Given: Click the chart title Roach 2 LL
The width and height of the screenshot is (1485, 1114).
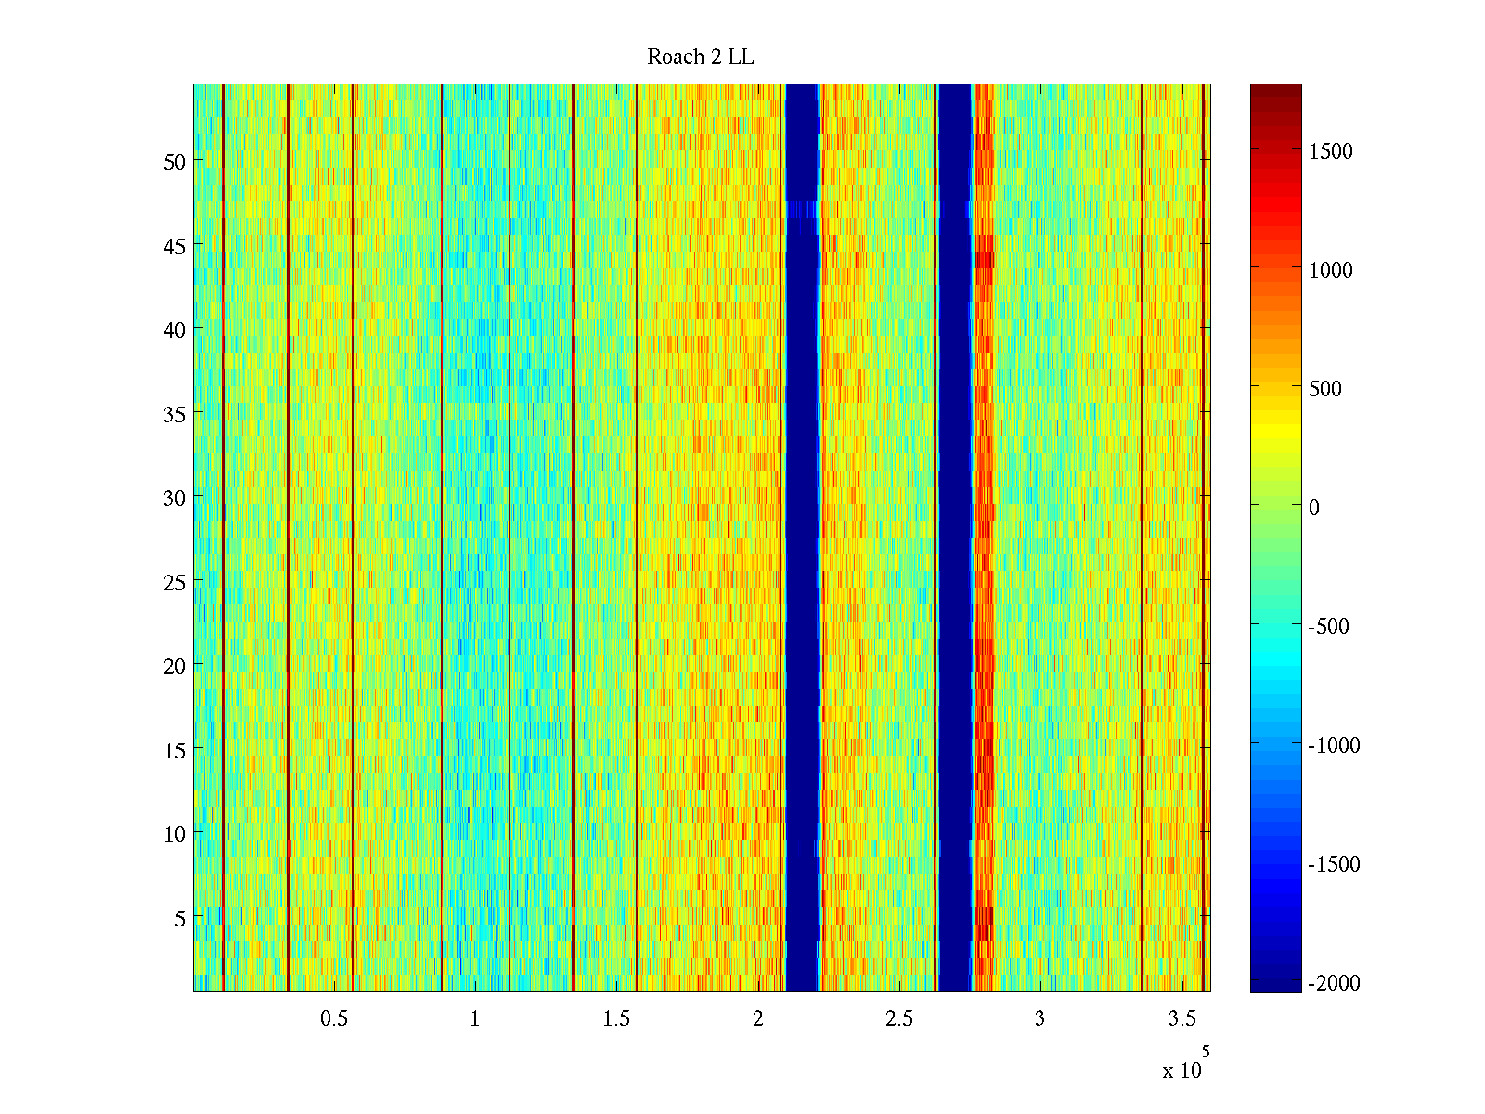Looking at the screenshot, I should [x=700, y=58].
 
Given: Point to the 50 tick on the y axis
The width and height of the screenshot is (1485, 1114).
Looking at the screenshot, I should [x=174, y=162].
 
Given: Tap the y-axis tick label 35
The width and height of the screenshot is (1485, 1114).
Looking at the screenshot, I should [x=174, y=414].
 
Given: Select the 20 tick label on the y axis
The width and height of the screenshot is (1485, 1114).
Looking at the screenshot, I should [x=174, y=667].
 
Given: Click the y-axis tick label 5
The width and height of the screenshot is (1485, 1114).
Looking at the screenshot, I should [x=180, y=919].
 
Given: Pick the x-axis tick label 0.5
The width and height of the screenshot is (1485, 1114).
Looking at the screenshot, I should [x=334, y=1019].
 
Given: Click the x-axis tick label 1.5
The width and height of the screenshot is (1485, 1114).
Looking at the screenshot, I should [x=616, y=1019].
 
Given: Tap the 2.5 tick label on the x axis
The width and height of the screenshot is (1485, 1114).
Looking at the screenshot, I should [x=898, y=1019].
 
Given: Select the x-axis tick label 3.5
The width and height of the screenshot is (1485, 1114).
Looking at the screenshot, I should [x=1182, y=1019].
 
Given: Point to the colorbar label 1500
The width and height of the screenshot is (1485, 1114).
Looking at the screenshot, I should [x=1331, y=152].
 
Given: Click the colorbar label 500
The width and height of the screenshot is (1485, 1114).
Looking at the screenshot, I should [x=1325, y=390].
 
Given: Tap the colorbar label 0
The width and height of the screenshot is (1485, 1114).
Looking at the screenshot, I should [x=1314, y=508].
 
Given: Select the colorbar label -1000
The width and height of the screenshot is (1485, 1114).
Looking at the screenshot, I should [x=1334, y=745].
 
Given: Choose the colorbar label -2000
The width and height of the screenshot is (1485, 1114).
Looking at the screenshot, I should [x=1334, y=983].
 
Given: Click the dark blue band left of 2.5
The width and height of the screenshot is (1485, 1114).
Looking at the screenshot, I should [x=802, y=538].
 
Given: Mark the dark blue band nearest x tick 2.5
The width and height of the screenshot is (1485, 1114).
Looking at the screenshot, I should [x=954, y=538].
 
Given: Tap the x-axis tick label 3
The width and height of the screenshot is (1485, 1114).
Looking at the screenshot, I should [x=1039, y=1019].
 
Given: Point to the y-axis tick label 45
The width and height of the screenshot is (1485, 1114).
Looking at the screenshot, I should [x=174, y=246].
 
